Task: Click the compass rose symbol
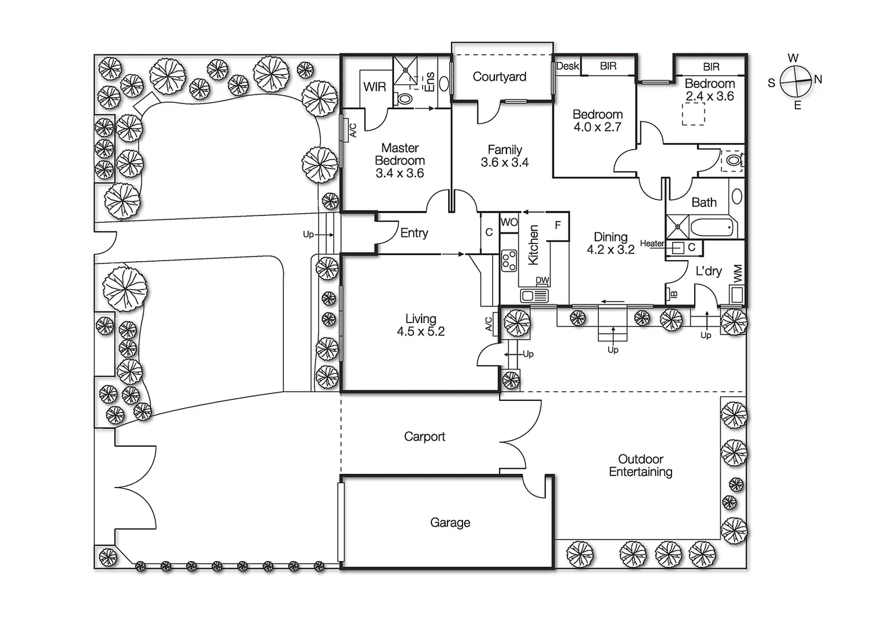tap(795, 81)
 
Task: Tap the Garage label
tap(450, 522)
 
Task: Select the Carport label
tap(424, 437)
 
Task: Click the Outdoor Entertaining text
tap(640, 466)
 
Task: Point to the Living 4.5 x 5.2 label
tap(420, 325)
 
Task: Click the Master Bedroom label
tap(400, 161)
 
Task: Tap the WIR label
tap(374, 87)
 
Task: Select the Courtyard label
tap(499, 77)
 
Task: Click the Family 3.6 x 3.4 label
tap(505, 157)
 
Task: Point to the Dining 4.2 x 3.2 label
tap(610, 243)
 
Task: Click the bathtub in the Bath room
tap(713, 228)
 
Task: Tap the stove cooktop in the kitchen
tap(509, 260)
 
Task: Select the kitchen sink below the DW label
tap(534, 296)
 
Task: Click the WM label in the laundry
tap(737, 274)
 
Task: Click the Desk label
tap(567, 66)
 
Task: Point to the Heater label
tap(652, 244)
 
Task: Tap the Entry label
tap(414, 233)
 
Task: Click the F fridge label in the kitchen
tap(558, 225)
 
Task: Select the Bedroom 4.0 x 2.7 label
tap(597, 121)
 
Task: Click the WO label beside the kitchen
tap(509, 222)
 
